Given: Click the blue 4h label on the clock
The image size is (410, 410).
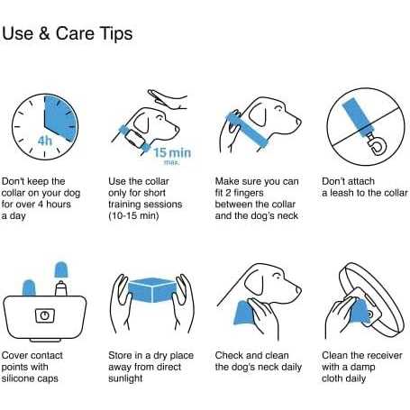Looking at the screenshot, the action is point(44,141).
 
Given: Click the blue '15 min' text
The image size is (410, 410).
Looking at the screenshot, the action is point(172,152).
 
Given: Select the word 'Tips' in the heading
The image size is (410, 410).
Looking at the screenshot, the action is point(116,33).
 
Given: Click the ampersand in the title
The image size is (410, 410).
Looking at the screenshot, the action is point(44,33).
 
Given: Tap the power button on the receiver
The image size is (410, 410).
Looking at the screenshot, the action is point(45,315).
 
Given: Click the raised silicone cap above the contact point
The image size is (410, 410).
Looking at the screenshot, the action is point(61,269).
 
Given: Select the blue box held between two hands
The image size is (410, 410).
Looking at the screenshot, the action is point(151,289).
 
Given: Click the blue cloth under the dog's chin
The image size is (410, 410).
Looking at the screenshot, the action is point(244,313).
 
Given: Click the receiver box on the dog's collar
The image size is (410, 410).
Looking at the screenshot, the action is point(134,138).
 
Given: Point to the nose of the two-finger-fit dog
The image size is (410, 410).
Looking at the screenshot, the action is point(298,121).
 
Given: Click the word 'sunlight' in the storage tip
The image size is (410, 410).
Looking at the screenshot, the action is point(125,378).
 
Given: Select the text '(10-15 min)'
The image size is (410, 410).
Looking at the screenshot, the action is point(133,215).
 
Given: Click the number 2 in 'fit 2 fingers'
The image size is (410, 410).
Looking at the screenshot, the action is point(228,193).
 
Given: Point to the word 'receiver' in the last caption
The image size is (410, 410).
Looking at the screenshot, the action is point(384,355).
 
